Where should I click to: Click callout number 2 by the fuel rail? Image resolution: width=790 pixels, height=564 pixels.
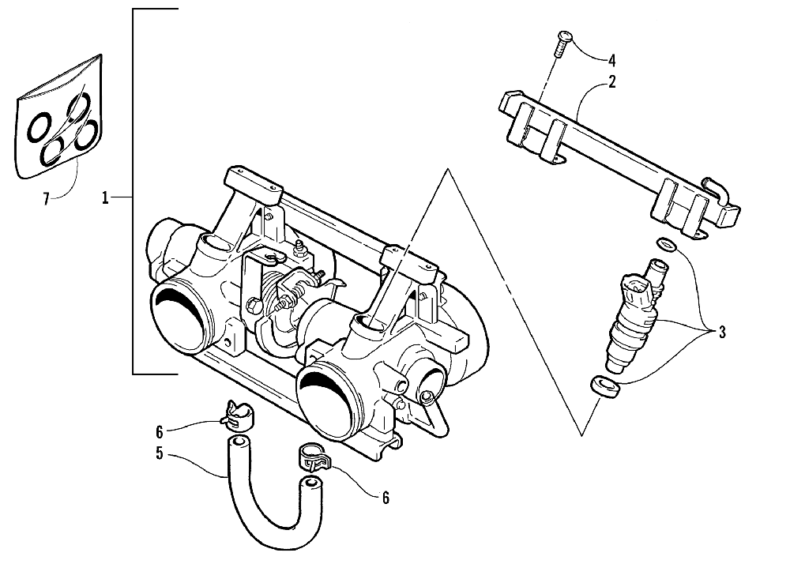pyautogui.click(x=611, y=81)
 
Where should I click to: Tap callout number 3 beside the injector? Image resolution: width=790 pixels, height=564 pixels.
pyautogui.click(x=721, y=332)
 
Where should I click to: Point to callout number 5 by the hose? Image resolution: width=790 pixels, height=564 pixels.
pyautogui.click(x=160, y=454)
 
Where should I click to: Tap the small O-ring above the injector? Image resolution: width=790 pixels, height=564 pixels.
pyautogui.click(x=665, y=244)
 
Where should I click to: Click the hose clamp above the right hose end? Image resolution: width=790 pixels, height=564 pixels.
pyautogui.click(x=311, y=458)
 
